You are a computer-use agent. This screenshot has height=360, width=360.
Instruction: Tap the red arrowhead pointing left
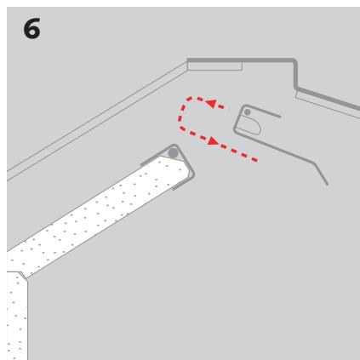(x=214, y=106)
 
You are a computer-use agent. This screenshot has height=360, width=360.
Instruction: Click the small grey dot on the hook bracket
(x=248, y=111)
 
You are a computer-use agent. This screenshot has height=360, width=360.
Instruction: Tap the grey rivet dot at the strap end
(x=174, y=152)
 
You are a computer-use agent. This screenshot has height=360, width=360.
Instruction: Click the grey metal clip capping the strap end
(x=180, y=157)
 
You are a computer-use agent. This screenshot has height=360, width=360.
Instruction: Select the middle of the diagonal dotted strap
(x=102, y=213)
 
